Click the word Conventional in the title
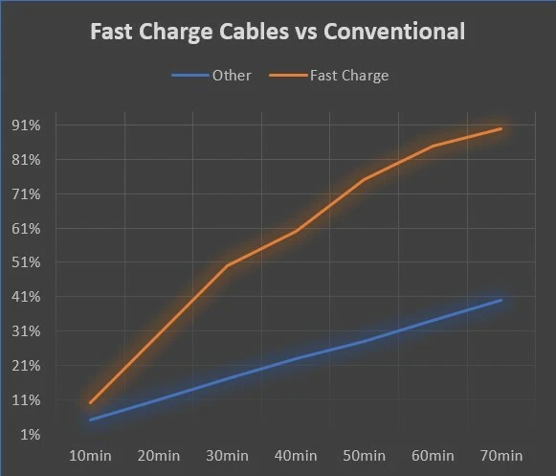coord(395,32)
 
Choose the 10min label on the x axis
coord(91,454)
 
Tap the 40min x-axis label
coord(296,454)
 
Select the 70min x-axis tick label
coord(500,454)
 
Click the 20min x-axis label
coord(159,454)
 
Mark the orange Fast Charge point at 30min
coord(228,265)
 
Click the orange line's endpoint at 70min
coord(500,128)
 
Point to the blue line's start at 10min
coord(91,419)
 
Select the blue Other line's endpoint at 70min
coord(500,300)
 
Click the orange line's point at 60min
coord(433,146)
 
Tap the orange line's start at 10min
coord(91,402)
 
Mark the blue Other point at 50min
coord(364,341)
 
